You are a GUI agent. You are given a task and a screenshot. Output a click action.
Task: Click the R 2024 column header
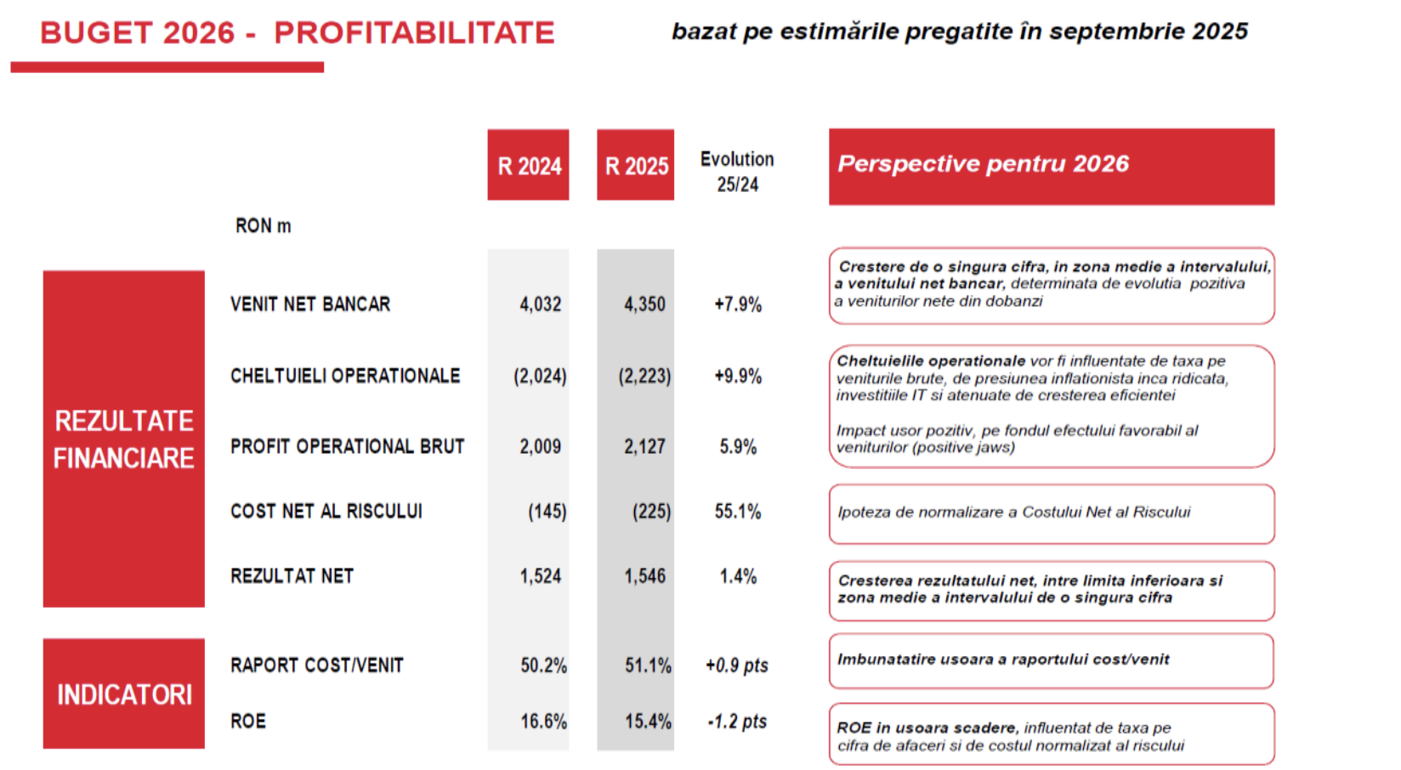coord(528,165)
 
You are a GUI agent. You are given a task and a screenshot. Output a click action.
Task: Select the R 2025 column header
coord(636,165)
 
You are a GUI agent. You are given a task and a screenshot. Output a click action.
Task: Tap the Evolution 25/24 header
coord(737,171)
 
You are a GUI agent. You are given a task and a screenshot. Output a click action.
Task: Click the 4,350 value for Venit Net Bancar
coord(644,304)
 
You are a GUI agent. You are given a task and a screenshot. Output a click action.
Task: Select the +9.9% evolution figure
coord(737,376)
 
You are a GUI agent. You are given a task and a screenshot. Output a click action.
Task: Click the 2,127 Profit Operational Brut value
coord(644,446)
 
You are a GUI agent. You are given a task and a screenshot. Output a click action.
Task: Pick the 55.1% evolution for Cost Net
coord(737,511)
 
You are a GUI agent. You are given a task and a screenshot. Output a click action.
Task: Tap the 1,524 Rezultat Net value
coord(541,576)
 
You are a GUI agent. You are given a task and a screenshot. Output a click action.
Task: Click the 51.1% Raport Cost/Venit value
coord(648,665)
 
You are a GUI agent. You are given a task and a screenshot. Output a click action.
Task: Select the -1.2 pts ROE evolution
coord(737,722)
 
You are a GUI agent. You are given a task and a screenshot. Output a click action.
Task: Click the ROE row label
coord(248,722)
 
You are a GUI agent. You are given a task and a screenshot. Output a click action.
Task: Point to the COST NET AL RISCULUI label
coord(326,511)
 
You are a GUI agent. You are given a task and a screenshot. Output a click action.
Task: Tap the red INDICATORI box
coord(124,694)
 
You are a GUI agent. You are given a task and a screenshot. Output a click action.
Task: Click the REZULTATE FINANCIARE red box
coord(124,439)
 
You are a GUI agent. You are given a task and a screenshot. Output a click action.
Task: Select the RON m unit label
coord(263,226)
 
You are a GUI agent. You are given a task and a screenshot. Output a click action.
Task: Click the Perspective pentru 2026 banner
coord(1051,166)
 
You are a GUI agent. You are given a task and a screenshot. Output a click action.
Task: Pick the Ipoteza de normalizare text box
coord(1051,513)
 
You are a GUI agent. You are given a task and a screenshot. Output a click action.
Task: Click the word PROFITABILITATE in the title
coord(414,33)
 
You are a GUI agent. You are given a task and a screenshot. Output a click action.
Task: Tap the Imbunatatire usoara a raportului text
coord(1003,660)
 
